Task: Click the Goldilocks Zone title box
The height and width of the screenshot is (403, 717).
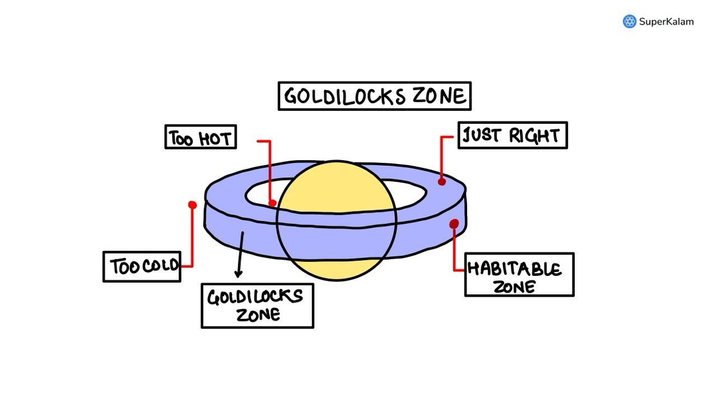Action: tap(374, 96)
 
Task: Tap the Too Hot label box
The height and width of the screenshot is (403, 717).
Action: tap(201, 137)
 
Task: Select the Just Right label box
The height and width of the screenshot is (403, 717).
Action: tap(512, 135)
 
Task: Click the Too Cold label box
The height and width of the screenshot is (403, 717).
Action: tap(142, 266)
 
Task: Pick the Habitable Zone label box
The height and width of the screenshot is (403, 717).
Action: tap(519, 274)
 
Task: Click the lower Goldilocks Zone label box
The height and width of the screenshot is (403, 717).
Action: tap(257, 306)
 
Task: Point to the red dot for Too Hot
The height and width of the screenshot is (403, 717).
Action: tap(272, 203)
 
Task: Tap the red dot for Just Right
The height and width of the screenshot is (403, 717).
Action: tap(442, 181)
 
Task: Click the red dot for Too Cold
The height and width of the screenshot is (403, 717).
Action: tap(193, 205)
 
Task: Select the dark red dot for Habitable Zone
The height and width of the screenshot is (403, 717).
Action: tap(454, 224)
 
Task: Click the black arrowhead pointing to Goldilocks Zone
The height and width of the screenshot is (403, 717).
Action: tap(238, 274)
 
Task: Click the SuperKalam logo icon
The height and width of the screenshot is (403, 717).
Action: tap(630, 22)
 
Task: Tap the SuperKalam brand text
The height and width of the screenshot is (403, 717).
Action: tap(667, 22)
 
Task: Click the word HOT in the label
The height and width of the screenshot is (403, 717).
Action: tap(214, 138)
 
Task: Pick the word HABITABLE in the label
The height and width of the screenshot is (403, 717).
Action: tap(514, 269)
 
